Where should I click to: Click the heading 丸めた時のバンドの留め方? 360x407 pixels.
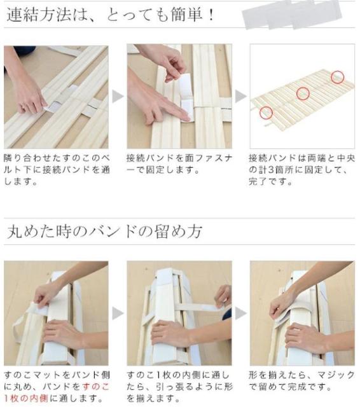[x=104, y=231]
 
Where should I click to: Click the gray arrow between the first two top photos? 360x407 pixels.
[x=118, y=97]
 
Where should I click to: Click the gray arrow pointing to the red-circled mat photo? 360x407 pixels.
[x=240, y=97]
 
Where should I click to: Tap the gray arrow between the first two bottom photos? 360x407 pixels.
[x=118, y=314]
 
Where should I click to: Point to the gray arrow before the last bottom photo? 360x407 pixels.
[x=240, y=314]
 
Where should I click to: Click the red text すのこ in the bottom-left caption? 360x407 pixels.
[x=95, y=387]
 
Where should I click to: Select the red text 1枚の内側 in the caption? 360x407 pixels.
[x=26, y=398]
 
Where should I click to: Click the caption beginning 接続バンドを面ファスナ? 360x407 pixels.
[x=179, y=164]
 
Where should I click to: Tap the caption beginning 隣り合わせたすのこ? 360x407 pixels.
[x=57, y=170]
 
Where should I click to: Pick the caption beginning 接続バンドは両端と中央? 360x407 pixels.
[x=301, y=170]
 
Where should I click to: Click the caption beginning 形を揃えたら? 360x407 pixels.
[x=301, y=381]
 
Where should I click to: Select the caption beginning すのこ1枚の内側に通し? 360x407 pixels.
[x=179, y=387]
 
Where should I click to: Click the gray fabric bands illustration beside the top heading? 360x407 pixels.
[x=292, y=14]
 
